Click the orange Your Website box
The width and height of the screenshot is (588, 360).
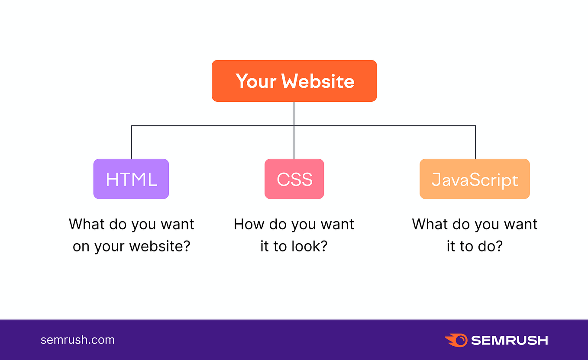(x=294, y=81)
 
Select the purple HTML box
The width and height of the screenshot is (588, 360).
(x=131, y=179)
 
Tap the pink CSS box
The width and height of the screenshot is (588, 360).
(x=294, y=179)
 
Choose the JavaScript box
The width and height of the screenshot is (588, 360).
(x=475, y=179)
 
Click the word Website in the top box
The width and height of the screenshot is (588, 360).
(x=318, y=81)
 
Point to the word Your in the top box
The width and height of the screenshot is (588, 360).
(x=256, y=81)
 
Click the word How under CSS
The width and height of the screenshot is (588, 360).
(x=249, y=224)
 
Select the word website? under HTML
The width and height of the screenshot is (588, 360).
(x=160, y=246)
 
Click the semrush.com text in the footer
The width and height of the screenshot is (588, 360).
(x=78, y=340)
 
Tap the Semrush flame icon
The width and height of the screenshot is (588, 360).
(x=456, y=341)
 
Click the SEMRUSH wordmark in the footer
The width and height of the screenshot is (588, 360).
(x=510, y=341)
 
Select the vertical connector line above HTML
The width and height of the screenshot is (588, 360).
(x=132, y=142)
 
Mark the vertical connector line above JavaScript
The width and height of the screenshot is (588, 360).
(x=475, y=142)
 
